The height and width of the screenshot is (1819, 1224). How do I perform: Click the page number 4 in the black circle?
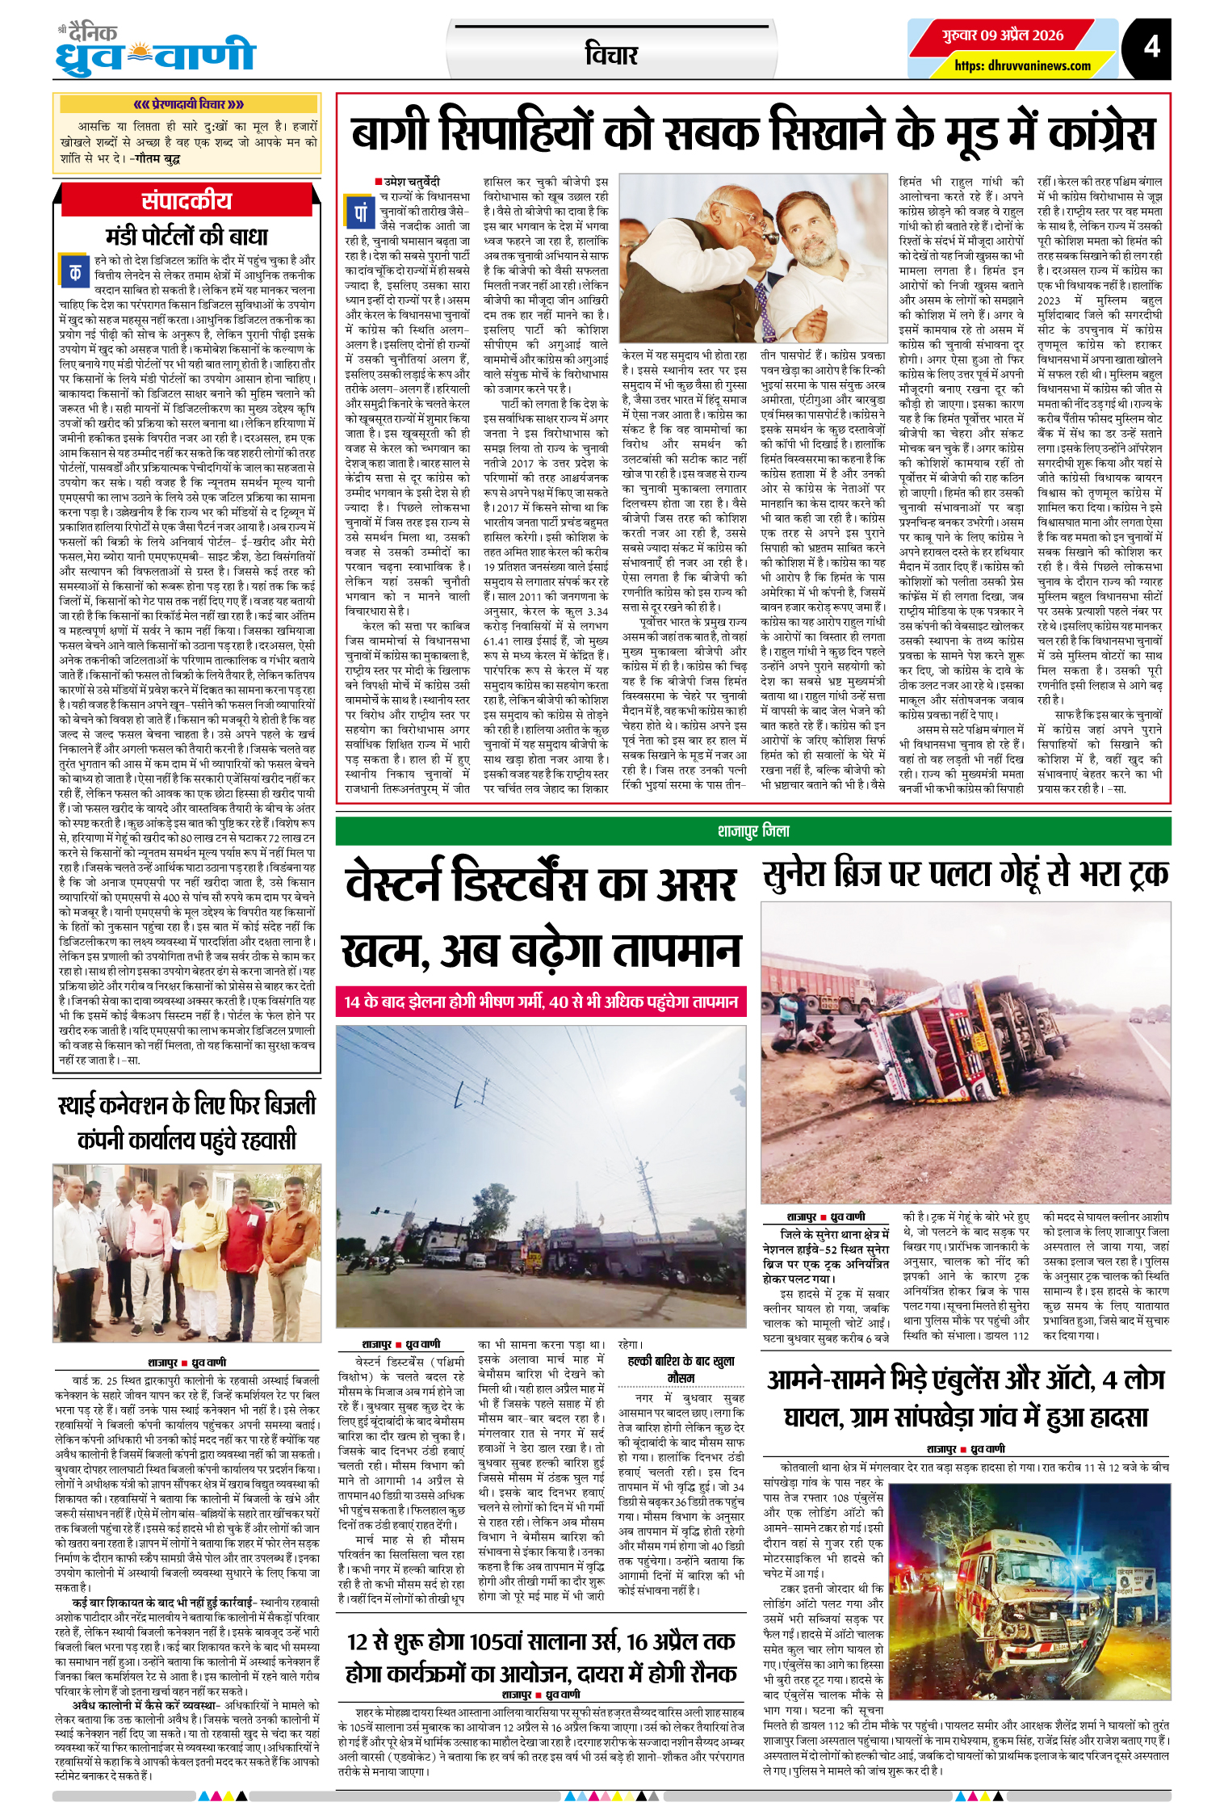tap(1151, 47)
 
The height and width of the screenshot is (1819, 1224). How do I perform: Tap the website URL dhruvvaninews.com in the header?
tap(1022, 66)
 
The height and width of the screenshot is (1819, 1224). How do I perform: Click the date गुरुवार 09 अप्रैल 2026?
tap(1003, 36)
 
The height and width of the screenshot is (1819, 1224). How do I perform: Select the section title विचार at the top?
tap(611, 55)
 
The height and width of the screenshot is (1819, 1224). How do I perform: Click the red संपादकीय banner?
tap(187, 201)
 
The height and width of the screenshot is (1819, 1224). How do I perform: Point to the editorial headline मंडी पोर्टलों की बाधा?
tap(187, 237)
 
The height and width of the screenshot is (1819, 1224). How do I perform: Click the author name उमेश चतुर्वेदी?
tap(411, 183)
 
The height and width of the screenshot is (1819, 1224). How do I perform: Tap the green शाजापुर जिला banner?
tap(752, 831)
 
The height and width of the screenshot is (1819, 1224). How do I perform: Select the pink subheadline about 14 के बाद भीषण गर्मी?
tap(541, 1002)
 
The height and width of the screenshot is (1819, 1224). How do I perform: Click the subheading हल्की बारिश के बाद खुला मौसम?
tap(681, 1368)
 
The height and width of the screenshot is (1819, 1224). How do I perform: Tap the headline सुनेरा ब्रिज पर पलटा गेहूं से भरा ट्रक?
tap(966, 875)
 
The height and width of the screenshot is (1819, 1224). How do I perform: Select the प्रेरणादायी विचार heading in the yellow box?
tap(188, 104)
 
